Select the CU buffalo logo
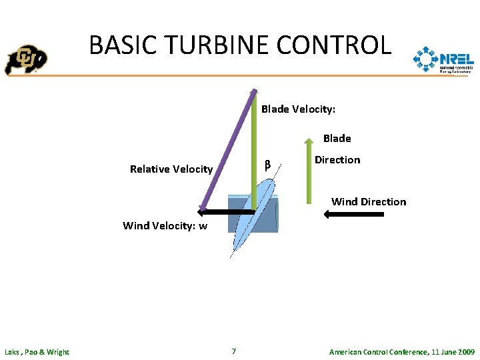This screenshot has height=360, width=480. click(26, 60)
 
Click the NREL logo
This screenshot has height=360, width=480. click(443, 60)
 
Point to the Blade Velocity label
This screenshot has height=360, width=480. click(298, 109)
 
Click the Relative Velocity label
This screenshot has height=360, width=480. click(171, 169)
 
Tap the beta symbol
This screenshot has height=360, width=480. click(267, 165)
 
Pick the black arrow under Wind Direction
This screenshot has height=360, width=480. click(353, 214)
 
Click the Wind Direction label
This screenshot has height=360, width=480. click(369, 202)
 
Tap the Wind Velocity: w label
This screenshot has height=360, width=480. click(165, 226)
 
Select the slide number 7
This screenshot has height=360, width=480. click(233, 351)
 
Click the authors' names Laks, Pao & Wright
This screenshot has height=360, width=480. click(37, 352)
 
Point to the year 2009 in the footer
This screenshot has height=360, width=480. click(465, 352)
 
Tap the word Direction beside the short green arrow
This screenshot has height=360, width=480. click(337, 160)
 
